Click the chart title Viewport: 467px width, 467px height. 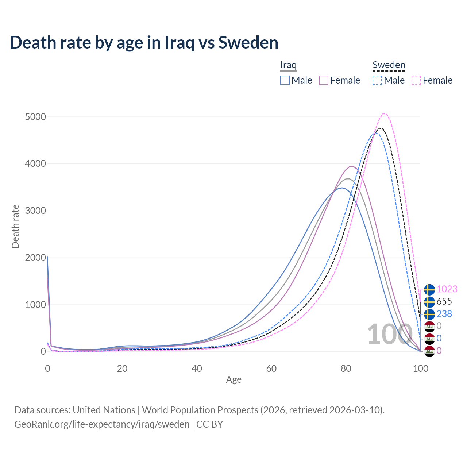click(144, 43)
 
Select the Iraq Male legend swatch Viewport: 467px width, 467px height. click(285, 80)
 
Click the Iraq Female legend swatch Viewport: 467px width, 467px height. click(324, 80)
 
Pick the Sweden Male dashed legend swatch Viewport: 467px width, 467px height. click(377, 80)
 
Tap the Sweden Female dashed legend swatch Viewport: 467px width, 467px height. click(416, 80)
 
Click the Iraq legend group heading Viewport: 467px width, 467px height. click(288, 65)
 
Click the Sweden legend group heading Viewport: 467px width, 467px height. click(389, 65)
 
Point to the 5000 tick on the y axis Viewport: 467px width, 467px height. click(35, 117)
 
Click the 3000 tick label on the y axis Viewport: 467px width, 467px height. click(35, 211)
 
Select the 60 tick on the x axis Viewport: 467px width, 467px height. click(271, 368)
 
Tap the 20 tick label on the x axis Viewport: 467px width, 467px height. click(122, 368)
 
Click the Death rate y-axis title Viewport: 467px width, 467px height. click(15, 226)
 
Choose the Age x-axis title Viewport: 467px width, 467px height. click(233, 380)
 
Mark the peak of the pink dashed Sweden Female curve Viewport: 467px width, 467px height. click(384, 113)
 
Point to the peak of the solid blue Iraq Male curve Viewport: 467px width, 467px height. click(342, 188)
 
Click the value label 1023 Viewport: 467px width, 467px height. click(447, 289)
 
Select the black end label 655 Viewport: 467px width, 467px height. click(444, 301)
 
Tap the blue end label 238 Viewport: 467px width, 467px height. click(444, 314)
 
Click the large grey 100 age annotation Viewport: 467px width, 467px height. click(389, 335)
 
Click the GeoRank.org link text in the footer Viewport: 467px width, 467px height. click(102, 424)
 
